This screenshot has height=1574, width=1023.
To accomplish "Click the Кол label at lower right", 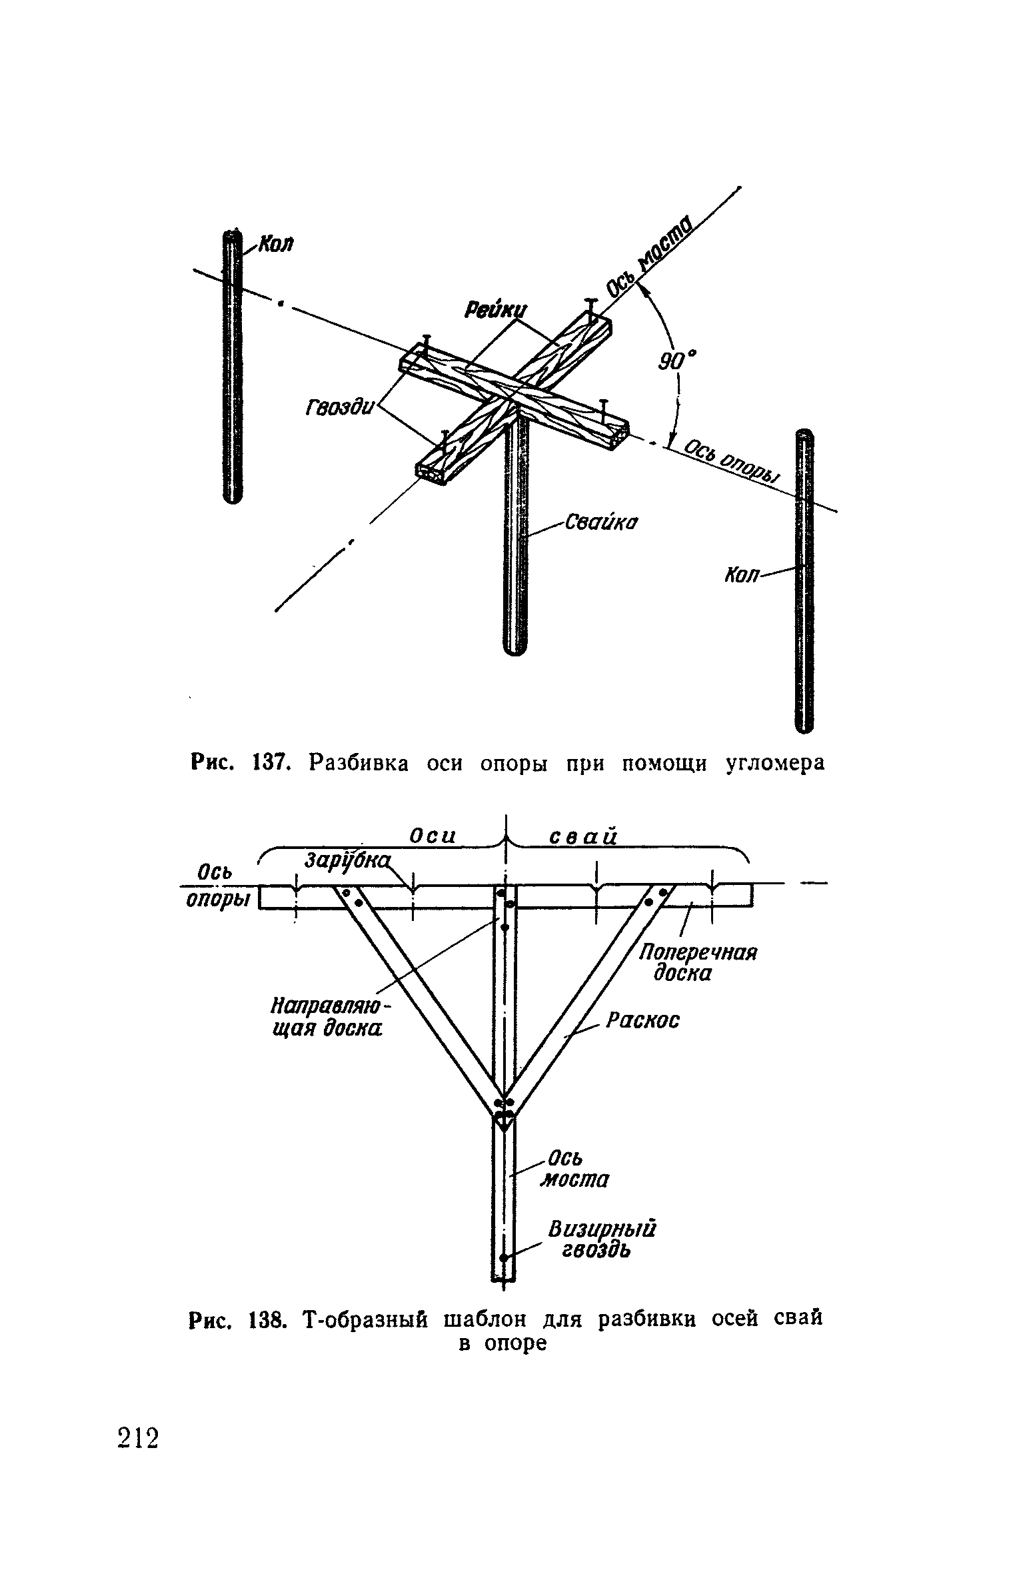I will [740, 574].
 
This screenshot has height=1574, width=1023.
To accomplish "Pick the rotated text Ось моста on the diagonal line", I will [650, 255].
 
